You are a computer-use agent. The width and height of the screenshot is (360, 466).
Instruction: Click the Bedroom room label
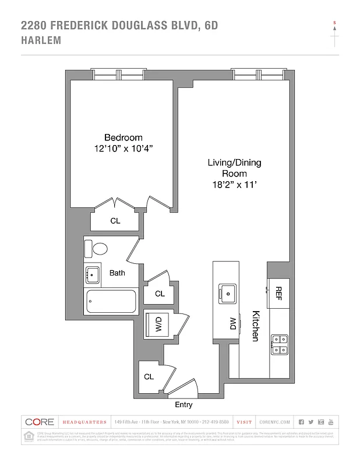click(x=123, y=137)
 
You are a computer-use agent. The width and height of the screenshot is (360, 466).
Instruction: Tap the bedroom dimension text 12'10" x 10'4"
click(x=123, y=149)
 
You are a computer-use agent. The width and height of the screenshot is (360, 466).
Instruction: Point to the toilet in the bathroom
click(x=99, y=249)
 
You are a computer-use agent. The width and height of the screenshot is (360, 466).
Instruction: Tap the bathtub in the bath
click(x=111, y=301)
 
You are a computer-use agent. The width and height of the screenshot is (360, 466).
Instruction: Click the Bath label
click(x=117, y=273)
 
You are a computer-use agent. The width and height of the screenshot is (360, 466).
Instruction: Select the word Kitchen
click(x=255, y=326)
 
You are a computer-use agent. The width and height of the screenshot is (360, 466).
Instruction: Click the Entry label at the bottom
click(x=183, y=405)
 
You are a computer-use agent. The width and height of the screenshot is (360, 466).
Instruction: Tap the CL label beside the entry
click(x=149, y=377)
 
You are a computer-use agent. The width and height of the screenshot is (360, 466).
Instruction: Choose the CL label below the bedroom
click(x=115, y=221)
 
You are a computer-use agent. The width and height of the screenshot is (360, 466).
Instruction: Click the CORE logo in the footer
click(x=40, y=422)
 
